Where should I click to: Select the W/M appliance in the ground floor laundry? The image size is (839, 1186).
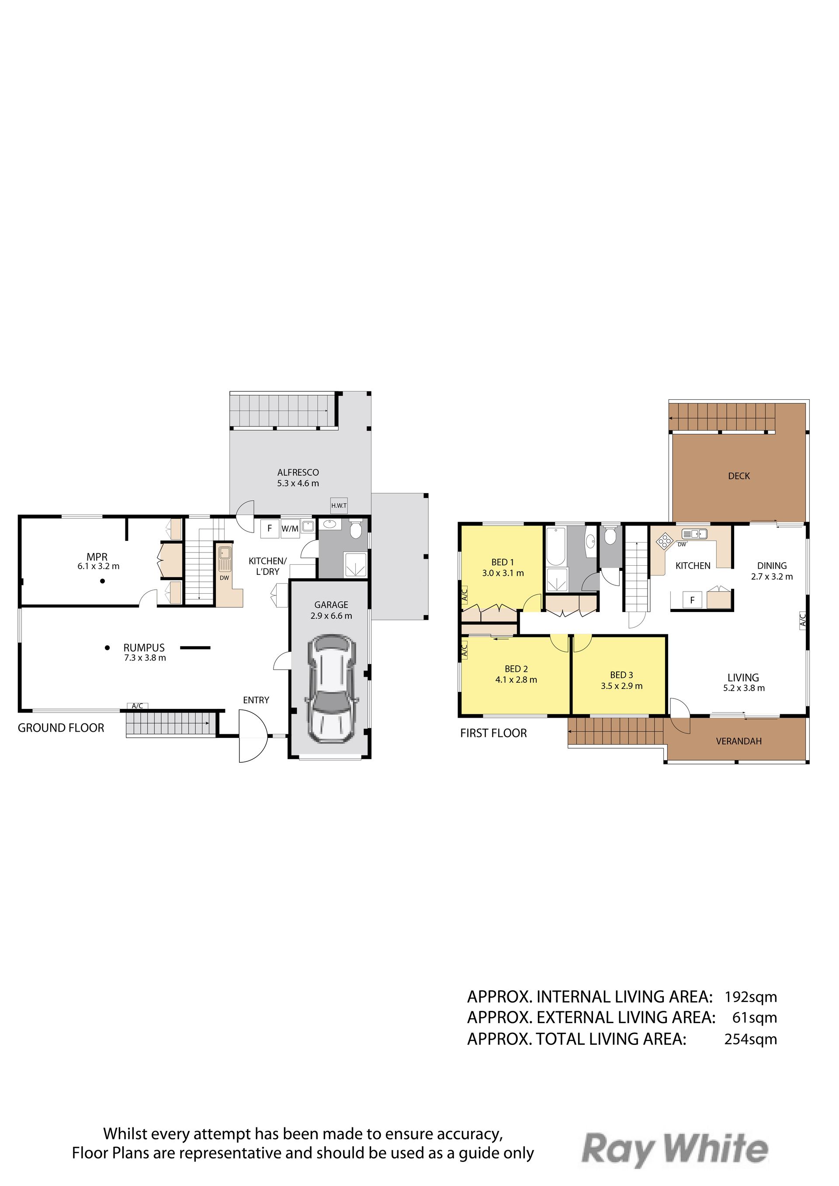[290, 529]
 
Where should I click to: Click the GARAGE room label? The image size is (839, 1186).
[331, 605]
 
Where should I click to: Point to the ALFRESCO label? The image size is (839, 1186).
[298, 472]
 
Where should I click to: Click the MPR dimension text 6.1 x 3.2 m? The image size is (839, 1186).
[98, 566]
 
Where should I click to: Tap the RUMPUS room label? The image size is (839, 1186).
[144, 647]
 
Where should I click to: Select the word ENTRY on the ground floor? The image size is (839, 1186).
[256, 700]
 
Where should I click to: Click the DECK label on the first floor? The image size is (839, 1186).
[739, 476]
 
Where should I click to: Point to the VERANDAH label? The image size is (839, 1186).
[739, 741]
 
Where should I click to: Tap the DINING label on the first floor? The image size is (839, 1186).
[772, 566]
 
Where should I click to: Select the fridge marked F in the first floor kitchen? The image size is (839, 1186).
[692, 600]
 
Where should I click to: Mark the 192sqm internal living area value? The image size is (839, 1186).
[751, 997]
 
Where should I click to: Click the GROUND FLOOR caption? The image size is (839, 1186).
[61, 728]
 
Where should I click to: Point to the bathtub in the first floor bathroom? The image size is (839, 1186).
[556, 546]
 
